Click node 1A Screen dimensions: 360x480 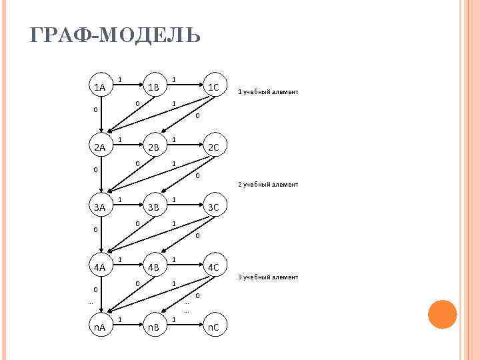point(100,87)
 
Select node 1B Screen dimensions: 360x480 point(154,87)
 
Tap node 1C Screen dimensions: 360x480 point(214,87)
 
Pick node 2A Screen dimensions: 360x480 point(100,147)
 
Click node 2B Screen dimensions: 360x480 point(154,147)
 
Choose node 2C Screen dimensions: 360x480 point(214,147)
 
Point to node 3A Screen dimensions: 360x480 point(100,207)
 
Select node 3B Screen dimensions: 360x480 point(154,207)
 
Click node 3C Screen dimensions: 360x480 point(214,207)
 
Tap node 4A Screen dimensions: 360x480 point(100,267)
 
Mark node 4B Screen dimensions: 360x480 point(154,267)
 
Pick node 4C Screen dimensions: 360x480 point(214,267)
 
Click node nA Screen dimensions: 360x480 point(100,327)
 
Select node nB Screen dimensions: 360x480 point(154,327)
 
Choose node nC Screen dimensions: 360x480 point(214,327)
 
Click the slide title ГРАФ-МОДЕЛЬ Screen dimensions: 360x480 point(115,35)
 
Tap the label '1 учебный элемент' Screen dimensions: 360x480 point(268,92)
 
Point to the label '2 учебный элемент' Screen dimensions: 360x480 point(268,185)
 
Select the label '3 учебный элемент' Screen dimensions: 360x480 point(268,277)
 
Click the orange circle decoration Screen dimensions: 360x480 point(442,314)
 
